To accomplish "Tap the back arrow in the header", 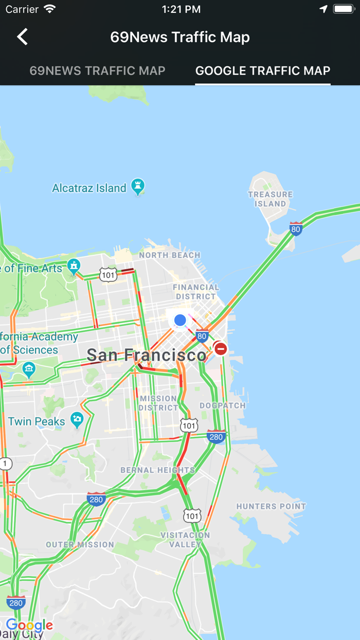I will (22, 37).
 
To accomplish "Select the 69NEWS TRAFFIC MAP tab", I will (97, 71).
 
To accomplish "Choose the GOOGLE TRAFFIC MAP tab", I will (263, 71).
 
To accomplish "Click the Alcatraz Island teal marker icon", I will (137, 186).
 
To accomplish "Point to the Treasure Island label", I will (270, 199).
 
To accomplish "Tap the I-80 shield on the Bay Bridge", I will (296, 229).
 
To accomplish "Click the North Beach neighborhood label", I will (169, 255).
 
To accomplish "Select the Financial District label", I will (196, 292).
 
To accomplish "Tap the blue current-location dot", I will (180, 320).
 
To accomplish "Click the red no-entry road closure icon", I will (221, 349).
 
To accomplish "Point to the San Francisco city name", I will (146, 355).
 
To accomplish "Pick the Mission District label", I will (158, 403).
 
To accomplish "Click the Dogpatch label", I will (223, 405).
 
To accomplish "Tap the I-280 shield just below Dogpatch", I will (217, 436).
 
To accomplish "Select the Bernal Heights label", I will (157, 470).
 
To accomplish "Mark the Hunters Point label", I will (271, 506).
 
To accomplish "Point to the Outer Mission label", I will (80, 544).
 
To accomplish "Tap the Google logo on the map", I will (29, 626).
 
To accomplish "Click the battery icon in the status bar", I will (343, 9).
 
